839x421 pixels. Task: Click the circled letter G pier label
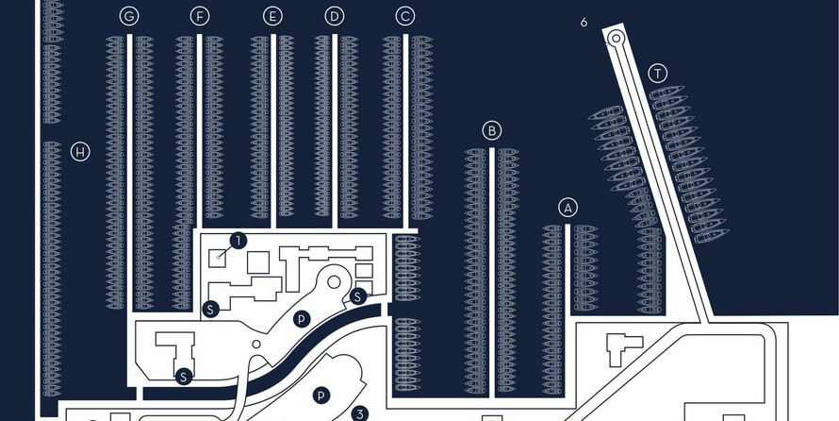(129, 17)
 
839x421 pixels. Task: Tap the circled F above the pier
(200, 17)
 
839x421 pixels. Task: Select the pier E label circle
(272, 17)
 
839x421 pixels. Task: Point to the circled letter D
(335, 17)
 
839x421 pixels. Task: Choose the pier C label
(405, 17)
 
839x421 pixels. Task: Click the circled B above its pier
(492, 130)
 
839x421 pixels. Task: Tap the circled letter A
(568, 208)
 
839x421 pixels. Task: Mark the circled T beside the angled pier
(658, 74)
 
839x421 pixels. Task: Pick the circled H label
(80, 152)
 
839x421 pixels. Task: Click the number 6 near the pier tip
(584, 23)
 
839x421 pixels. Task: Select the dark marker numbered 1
(239, 241)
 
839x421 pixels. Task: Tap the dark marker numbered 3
(360, 414)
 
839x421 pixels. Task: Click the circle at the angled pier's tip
(617, 38)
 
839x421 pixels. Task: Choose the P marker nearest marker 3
(321, 396)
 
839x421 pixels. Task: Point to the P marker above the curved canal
(302, 320)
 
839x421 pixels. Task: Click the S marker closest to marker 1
(211, 309)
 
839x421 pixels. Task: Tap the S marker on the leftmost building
(184, 377)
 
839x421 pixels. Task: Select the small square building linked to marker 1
(217, 259)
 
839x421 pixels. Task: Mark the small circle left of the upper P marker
(256, 344)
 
